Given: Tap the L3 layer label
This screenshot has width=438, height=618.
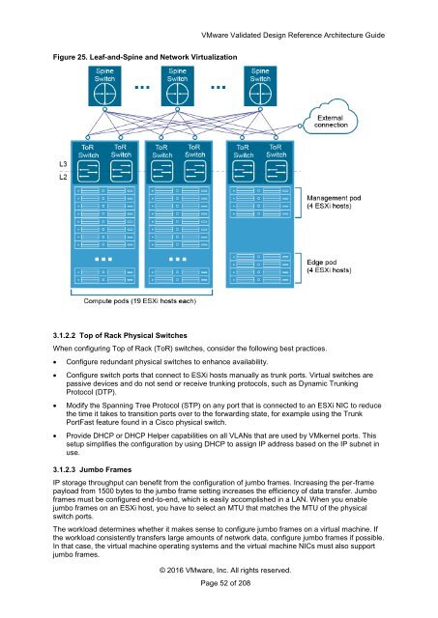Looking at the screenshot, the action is (x=63, y=164).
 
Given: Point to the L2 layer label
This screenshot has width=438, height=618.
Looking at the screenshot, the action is (x=63, y=177).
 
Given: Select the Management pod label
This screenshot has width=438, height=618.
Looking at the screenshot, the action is (x=334, y=202).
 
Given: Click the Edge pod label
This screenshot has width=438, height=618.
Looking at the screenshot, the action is (x=329, y=267).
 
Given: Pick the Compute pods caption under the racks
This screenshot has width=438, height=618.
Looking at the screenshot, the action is (x=139, y=301).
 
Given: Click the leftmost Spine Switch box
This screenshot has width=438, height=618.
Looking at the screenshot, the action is (x=104, y=86).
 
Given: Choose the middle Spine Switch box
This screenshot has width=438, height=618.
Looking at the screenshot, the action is (x=177, y=86).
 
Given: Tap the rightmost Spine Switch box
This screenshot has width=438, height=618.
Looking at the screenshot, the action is (x=260, y=86).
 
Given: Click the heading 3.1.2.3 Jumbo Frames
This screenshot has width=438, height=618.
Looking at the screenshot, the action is (x=92, y=469).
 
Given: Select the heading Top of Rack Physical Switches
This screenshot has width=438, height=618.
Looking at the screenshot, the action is (x=133, y=335).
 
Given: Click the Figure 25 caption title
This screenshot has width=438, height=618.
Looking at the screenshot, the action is (x=145, y=57).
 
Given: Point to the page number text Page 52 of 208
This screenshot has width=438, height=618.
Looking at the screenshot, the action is (x=225, y=583).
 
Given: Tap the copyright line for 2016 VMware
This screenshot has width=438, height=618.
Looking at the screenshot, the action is (x=225, y=570).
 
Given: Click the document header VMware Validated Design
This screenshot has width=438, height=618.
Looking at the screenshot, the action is (x=293, y=35).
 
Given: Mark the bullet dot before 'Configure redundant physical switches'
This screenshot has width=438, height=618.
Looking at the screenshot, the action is (x=55, y=362).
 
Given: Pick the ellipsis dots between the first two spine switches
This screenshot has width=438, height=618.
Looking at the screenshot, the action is (x=142, y=88).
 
